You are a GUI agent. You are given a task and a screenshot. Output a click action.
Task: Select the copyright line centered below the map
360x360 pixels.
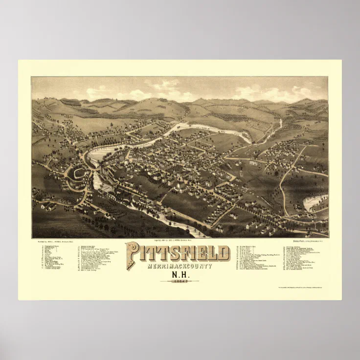coord(178,241)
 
